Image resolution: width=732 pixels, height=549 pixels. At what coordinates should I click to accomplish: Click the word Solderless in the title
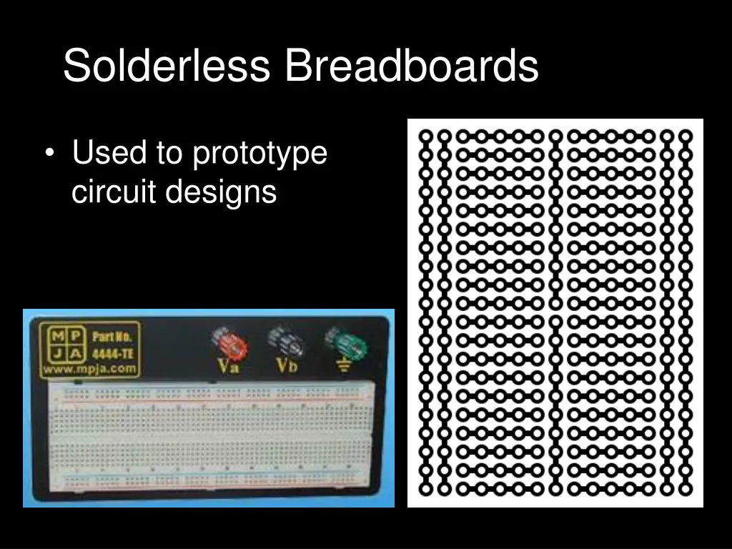click(x=167, y=66)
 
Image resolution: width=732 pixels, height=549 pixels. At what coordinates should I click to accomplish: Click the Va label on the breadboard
click(x=228, y=367)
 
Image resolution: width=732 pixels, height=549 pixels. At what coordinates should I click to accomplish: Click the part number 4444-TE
click(x=114, y=353)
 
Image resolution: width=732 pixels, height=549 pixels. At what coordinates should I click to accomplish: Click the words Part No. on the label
click(x=114, y=336)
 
